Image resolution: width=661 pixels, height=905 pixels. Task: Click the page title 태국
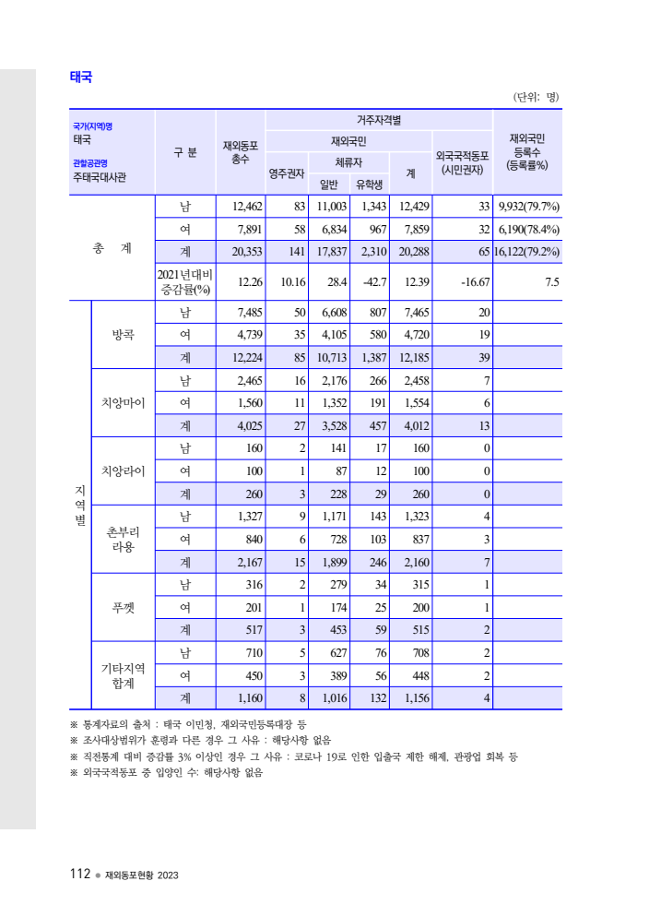pos(81,77)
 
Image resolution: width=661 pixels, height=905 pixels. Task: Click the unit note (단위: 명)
pos(535,97)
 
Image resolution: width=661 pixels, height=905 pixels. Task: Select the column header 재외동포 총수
pos(240,152)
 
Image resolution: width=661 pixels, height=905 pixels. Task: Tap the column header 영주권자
pos(286,172)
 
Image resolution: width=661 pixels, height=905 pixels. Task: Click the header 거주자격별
pos(379,120)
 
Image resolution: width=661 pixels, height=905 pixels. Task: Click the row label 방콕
pos(123,335)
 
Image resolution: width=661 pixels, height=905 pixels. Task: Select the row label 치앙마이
pos(123,403)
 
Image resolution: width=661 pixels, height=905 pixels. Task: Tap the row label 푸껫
pos(123,608)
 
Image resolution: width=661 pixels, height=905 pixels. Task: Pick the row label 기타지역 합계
pos(123,675)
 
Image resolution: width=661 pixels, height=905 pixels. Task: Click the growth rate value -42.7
pos(372,281)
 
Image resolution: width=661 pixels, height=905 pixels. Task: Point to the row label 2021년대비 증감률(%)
pos(184,281)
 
